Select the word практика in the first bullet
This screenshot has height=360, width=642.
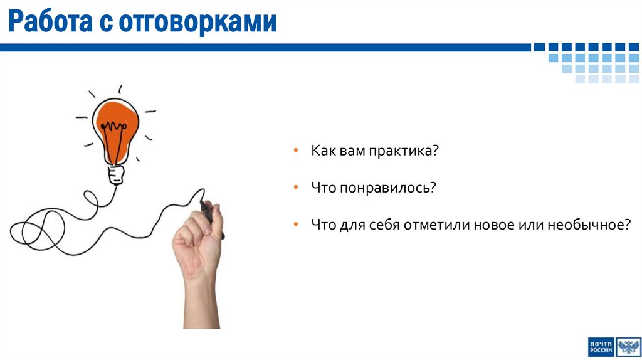pos(403,152)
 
